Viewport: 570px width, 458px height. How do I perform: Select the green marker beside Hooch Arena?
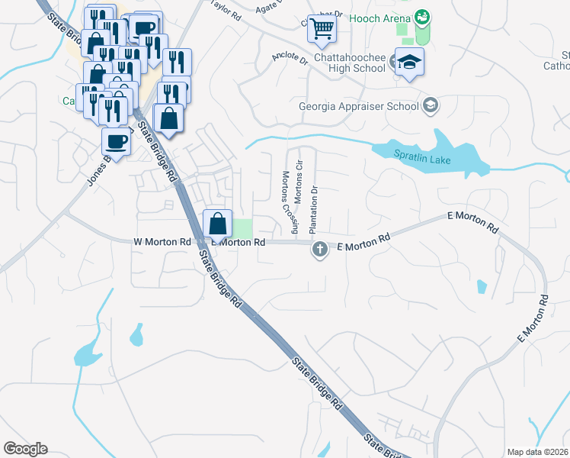423,17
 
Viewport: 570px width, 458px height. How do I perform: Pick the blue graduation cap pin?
409,63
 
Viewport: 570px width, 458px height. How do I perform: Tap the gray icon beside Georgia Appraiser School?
431,105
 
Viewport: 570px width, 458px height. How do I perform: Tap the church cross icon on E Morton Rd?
320,249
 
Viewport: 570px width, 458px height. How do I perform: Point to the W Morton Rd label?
162,242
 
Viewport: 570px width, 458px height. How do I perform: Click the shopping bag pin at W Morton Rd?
218,224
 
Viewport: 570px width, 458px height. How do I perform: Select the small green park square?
242,228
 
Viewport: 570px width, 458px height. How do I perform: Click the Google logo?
25,449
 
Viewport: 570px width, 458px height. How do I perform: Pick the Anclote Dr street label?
290,59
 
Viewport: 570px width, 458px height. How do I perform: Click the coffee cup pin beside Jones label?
116,141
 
